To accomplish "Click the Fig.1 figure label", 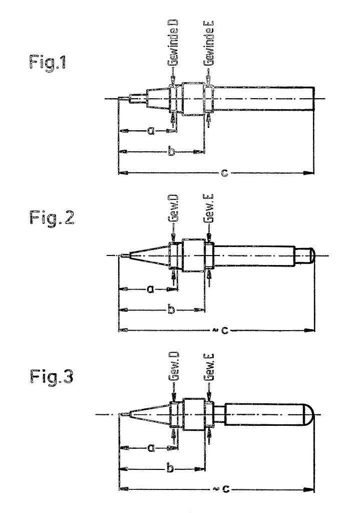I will point(48,64).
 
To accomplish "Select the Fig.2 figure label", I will point(52,219).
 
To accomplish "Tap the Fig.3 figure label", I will point(52,375).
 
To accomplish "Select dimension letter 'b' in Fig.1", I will point(171,151).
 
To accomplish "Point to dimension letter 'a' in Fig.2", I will point(150,289).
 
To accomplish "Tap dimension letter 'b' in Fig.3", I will point(170,468).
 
